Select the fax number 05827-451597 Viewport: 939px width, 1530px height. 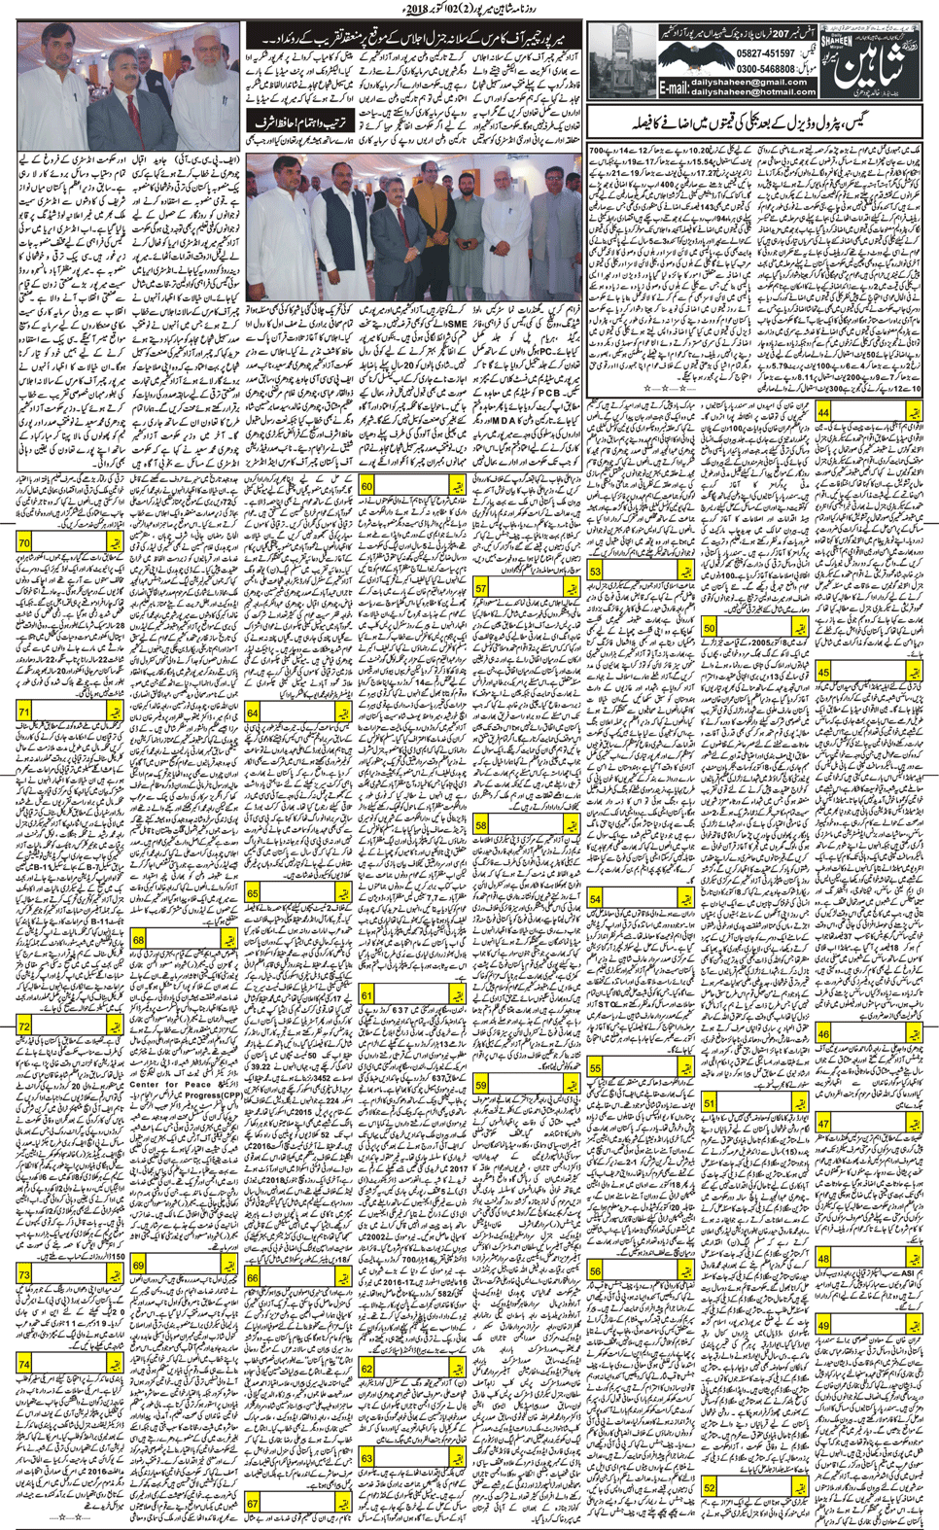click(766, 54)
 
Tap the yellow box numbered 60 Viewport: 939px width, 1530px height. click(366, 486)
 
